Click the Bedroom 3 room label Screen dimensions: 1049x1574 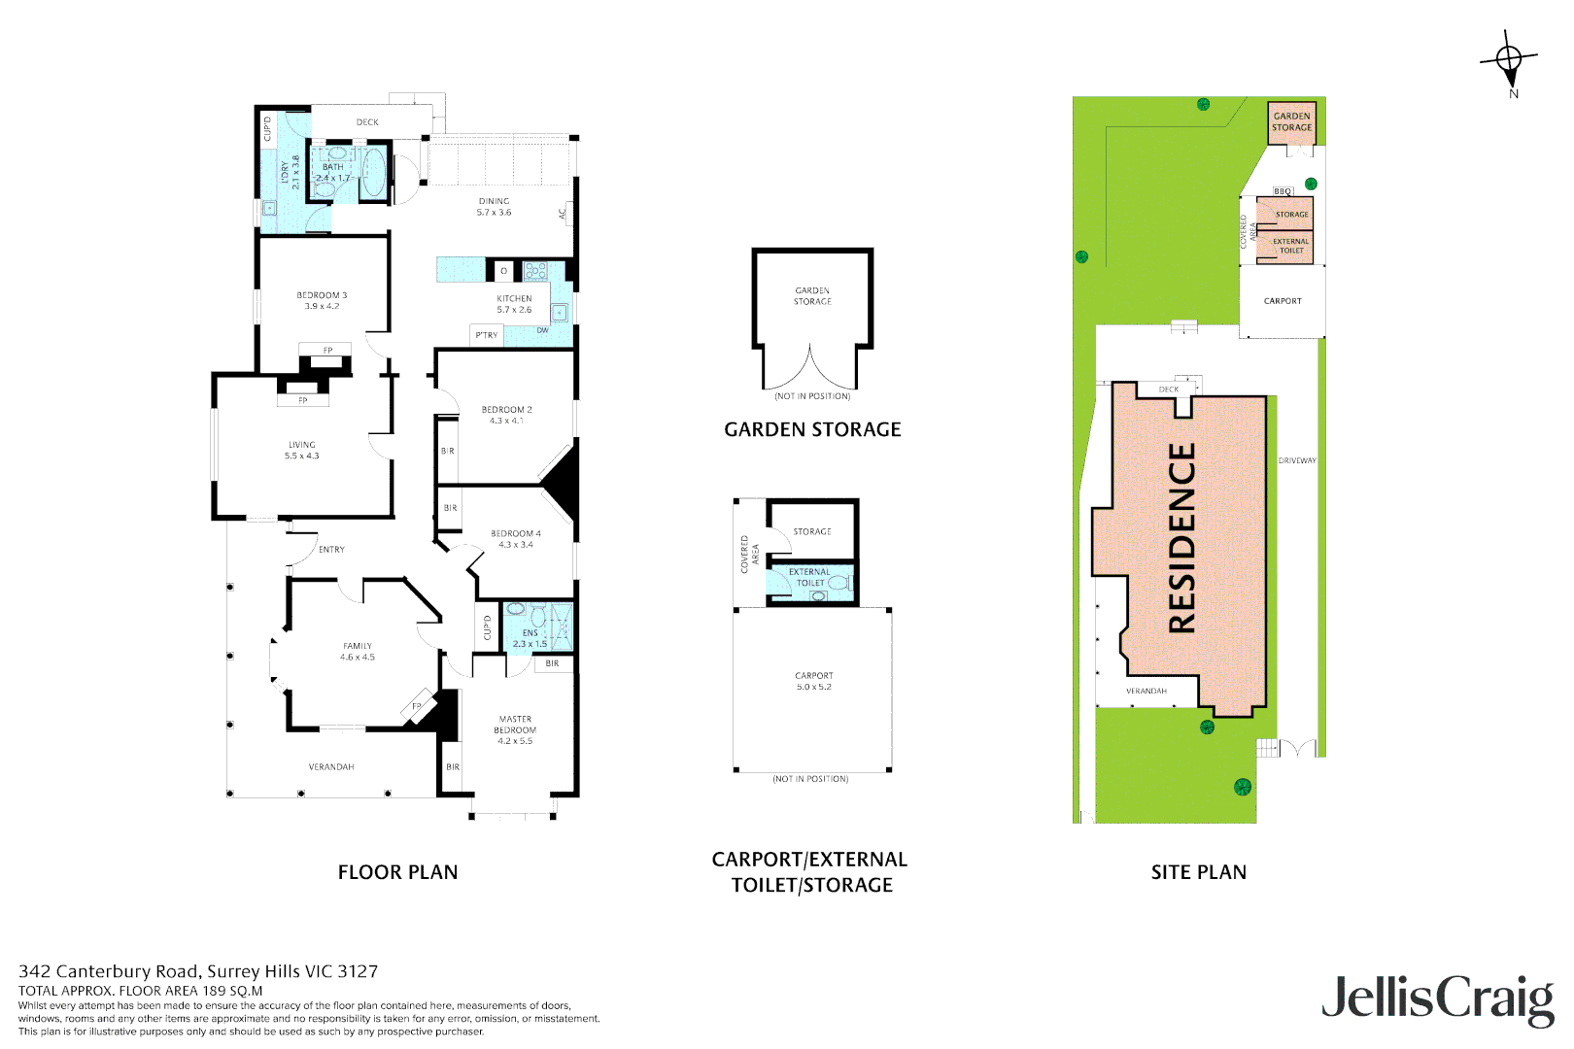(x=322, y=295)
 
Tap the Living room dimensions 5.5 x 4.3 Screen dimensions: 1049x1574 (x=301, y=456)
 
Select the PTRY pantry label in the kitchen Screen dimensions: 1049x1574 (x=487, y=335)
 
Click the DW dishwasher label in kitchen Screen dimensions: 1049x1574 (x=542, y=330)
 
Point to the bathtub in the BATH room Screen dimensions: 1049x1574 (x=373, y=173)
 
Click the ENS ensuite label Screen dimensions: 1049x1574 (x=530, y=632)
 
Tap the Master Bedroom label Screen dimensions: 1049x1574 (x=515, y=725)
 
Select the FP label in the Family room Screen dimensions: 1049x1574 (x=417, y=706)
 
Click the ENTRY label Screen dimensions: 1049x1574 (x=331, y=550)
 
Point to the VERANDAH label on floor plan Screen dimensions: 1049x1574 (x=331, y=767)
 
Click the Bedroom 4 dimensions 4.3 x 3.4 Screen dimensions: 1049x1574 (x=516, y=545)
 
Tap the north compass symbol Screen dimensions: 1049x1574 (x=1509, y=61)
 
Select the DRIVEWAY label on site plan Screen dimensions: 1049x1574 (x=1296, y=460)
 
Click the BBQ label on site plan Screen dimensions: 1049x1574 (x=1283, y=191)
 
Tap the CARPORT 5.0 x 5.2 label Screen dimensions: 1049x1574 (x=814, y=681)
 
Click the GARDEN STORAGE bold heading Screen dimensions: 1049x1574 (x=812, y=429)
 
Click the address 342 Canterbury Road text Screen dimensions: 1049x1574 (x=198, y=971)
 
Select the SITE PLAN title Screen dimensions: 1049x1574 (x=1198, y=872)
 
